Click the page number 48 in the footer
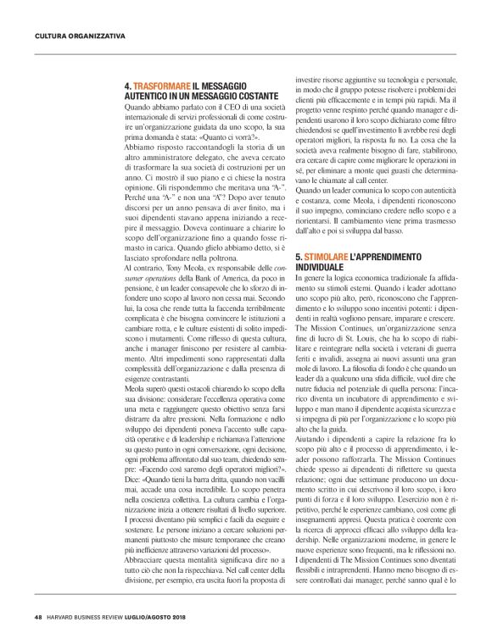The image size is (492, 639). point(38,615)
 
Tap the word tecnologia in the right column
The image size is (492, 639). point(404,76)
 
